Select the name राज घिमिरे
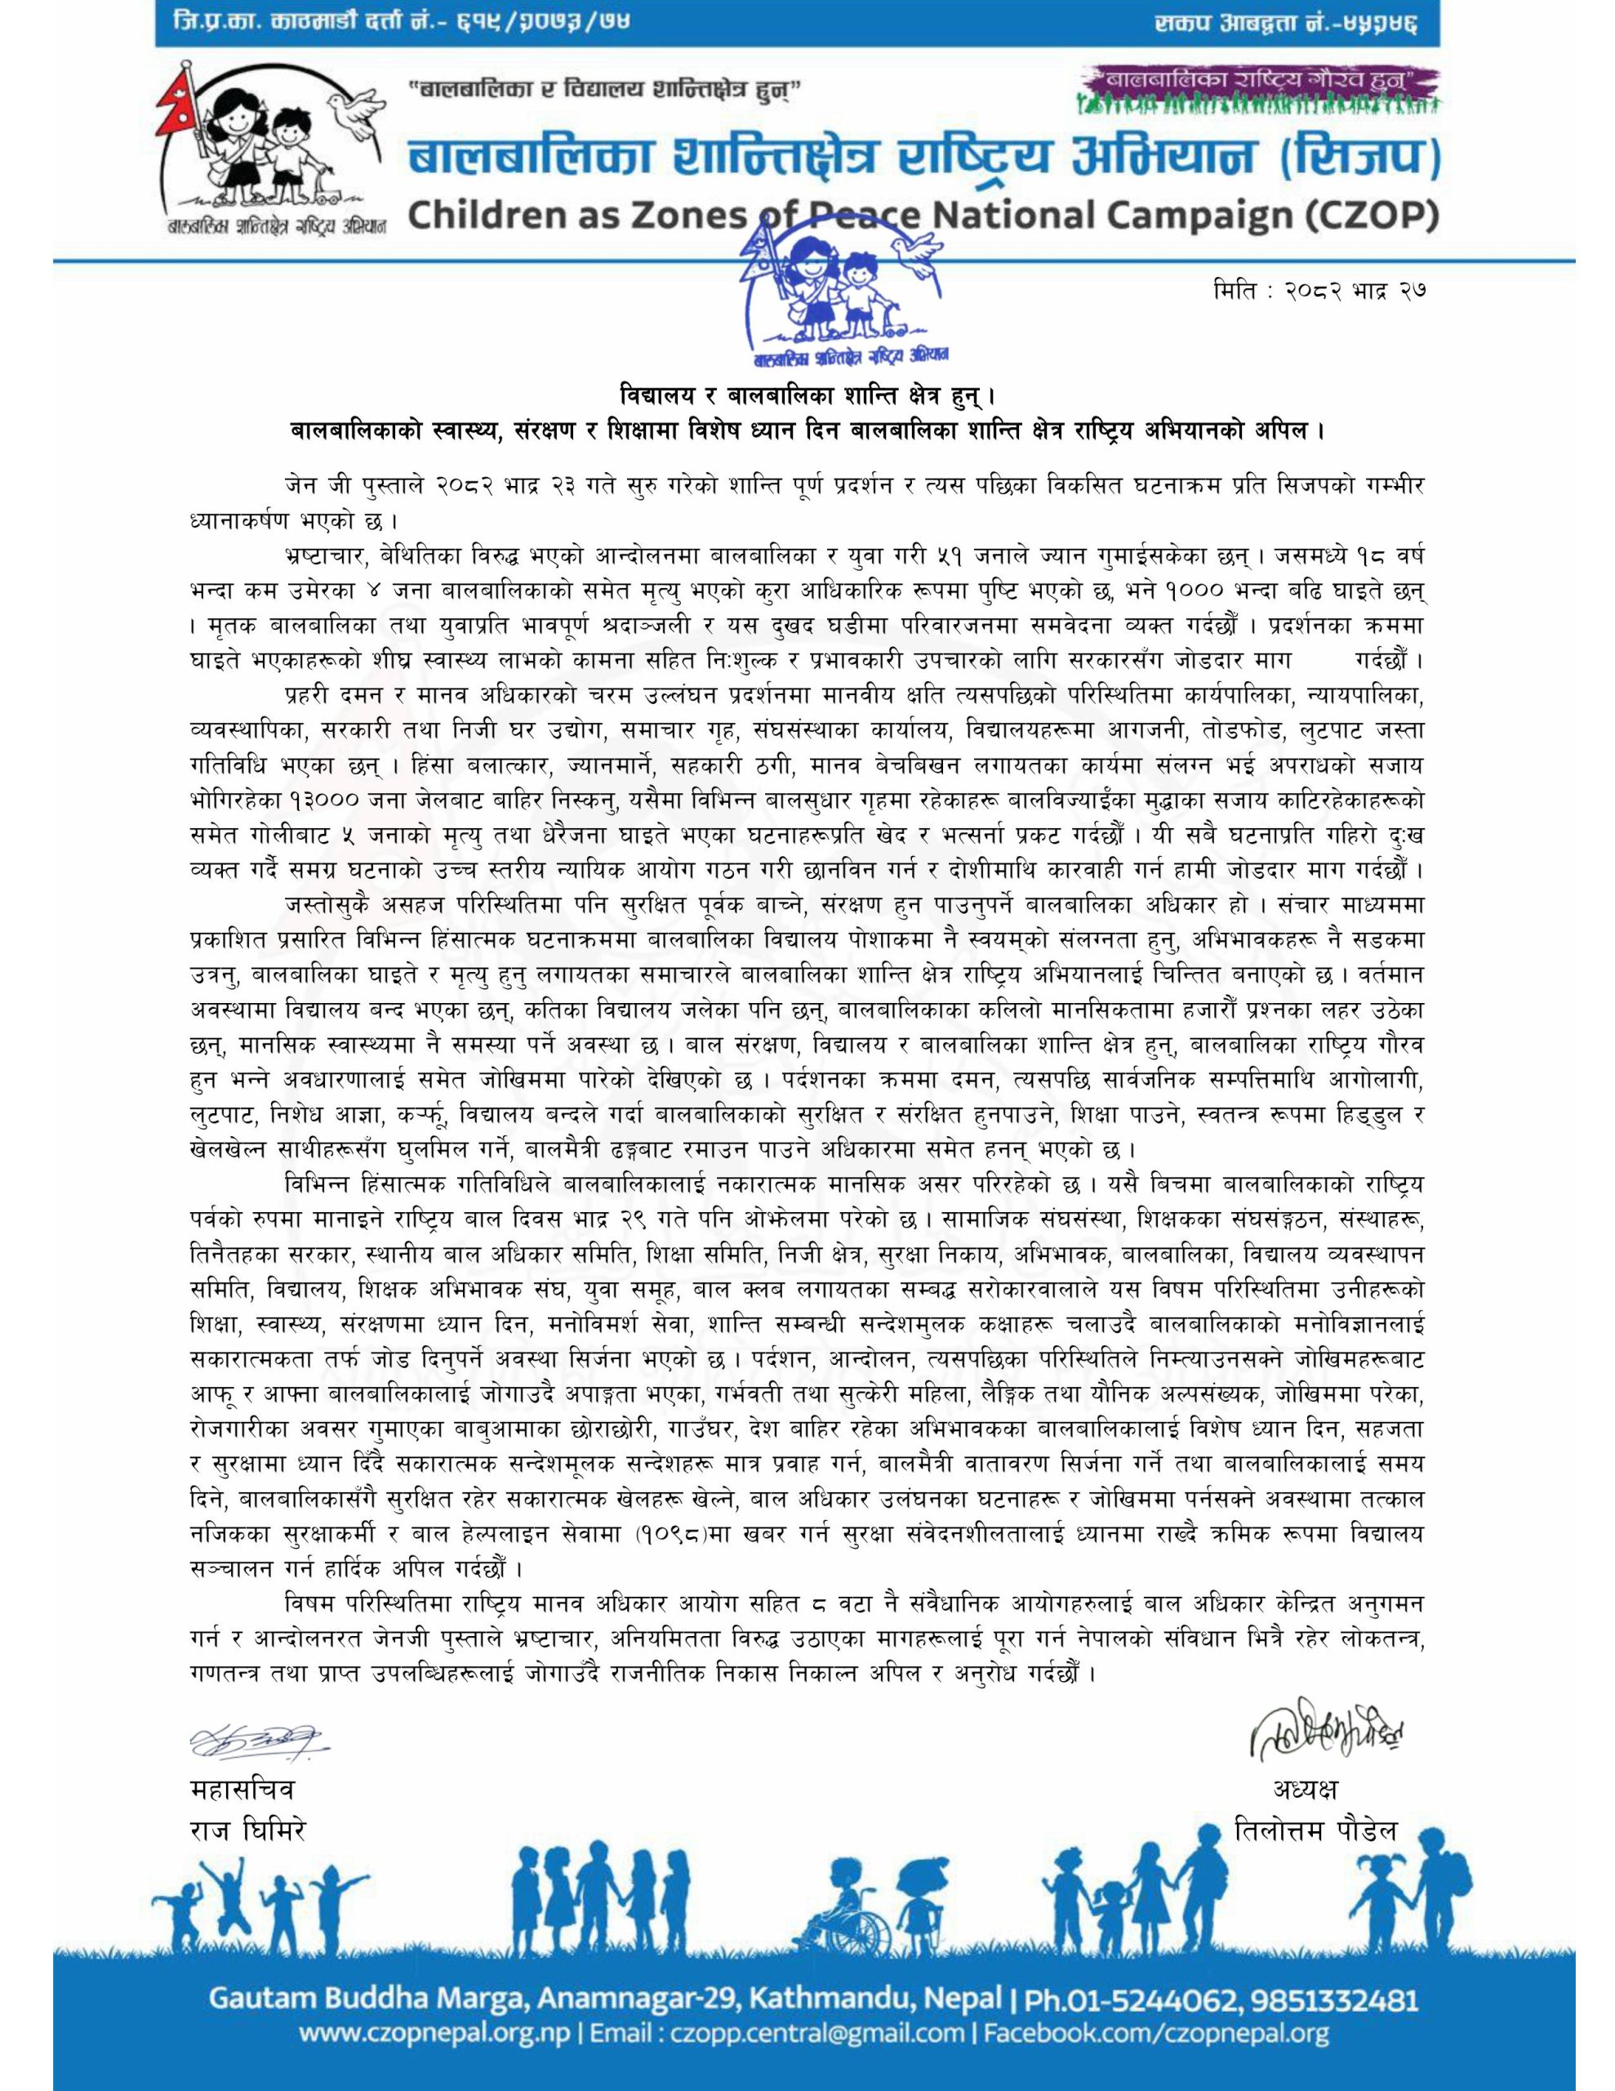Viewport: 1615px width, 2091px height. (248, 1830)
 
